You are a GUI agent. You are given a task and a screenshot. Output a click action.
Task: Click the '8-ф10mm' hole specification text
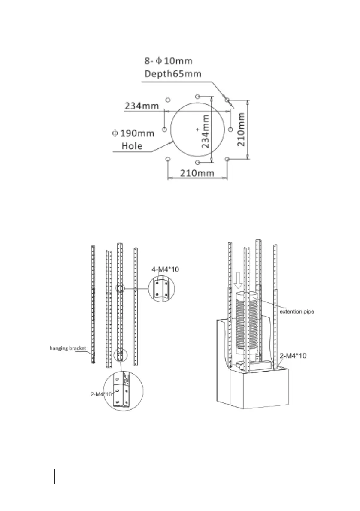(169, 61)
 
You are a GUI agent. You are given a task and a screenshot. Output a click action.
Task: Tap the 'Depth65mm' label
(173, 74)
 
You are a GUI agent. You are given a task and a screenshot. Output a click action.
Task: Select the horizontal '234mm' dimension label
(142, 106)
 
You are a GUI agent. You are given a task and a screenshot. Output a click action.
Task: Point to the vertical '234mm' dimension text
(205, 131)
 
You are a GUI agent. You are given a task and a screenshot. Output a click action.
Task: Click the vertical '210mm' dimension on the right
(241, 130)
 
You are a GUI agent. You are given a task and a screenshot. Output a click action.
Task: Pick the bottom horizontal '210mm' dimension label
(197, 173)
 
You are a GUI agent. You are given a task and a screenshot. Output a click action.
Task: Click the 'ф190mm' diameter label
(133, 133)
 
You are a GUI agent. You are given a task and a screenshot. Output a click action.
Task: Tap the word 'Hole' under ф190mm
(132, 146)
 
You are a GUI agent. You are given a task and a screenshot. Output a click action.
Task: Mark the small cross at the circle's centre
(197, 130)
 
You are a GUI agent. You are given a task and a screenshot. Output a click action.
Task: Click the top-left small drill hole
(168, 100)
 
